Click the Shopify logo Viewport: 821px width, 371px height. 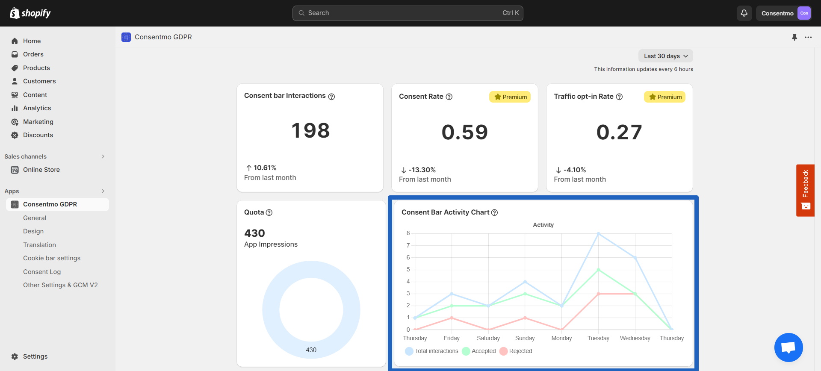tap(30, 13)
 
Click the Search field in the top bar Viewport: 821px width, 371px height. tap(408, 13)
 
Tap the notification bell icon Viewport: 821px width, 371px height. tap(744, 13)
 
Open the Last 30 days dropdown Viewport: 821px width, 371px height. tap(665, 56)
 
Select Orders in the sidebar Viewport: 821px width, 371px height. tap(33, 54)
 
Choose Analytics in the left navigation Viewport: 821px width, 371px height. tap(37, 108)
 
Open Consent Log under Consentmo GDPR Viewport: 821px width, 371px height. tap(42, 272)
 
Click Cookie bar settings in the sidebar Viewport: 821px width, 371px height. tap(52, 258)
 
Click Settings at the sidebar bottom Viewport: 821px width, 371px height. tap(35, 356)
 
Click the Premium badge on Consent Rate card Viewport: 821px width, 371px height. tap(510, 97)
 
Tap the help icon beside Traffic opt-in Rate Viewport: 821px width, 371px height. tap(619, 97)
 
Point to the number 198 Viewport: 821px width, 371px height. tap(310, 130)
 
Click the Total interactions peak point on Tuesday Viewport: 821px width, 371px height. tap(598, 234)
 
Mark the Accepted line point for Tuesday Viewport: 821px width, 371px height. tap(598, 270)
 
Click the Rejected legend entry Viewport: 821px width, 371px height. tap(516, 351)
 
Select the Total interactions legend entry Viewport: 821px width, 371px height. tap(431, 351)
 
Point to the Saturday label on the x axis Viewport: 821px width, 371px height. tap(488, 338)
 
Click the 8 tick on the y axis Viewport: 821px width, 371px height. tap(408, 233)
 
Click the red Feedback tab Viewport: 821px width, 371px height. tap(805, 190)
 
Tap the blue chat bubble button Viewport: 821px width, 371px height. tap(789, 347)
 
